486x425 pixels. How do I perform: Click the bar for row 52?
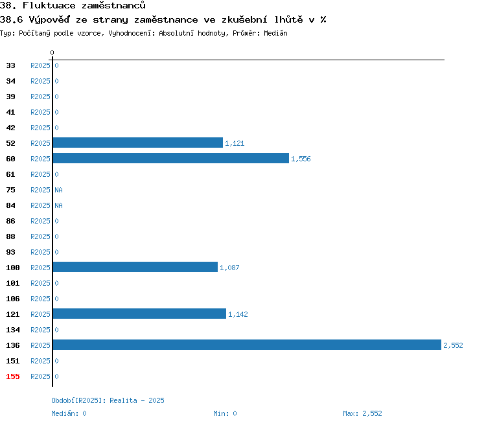(x=138, y=143)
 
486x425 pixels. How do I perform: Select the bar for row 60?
(x=171, y=158)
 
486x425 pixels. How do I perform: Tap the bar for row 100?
(x=135, y=267)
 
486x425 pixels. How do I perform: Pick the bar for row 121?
(x=139, y=314)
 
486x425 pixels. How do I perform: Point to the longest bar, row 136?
(x=247, y=345)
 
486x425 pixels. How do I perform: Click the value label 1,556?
(x=301, y=159)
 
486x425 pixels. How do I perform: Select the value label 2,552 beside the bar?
(x=453, y=346)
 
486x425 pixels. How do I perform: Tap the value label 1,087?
(x=229, y=268)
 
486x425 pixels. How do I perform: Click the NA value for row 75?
(x=58, y=190)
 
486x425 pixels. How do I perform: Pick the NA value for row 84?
(x=58, y=205)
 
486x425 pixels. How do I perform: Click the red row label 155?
(x=13, y=376)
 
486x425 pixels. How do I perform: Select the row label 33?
(x=10, y=65)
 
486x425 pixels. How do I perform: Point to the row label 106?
(x=13, y=299)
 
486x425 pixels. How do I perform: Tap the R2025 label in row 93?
(x=40, y=252)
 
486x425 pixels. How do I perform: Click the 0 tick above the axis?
(x=52, y=52)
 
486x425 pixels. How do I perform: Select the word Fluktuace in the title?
(x=49, y=6)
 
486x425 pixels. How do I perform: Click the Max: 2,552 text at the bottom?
(x=362, y=413)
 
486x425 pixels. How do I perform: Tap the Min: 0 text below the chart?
(x=225, y=413)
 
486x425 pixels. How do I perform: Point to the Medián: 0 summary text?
(x=69, y=413)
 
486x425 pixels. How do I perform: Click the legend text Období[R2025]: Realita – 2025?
(x=108, y=400)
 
